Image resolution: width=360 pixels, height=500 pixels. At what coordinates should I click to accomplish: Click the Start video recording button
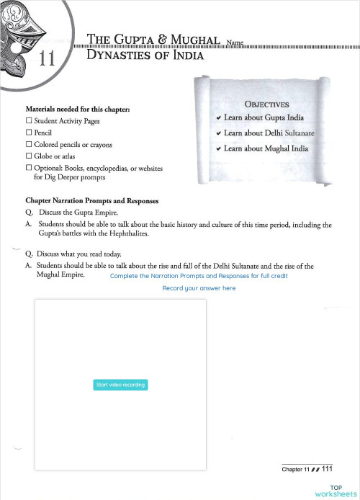point(121,385)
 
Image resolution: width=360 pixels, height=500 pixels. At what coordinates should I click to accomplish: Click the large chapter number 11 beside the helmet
point(47,59)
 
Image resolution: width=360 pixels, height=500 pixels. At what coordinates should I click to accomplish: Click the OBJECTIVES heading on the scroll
point(267,104)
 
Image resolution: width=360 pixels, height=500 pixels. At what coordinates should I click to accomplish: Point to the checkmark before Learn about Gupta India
point(218,117)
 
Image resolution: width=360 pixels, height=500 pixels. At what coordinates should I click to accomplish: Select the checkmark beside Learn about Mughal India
point(218,149)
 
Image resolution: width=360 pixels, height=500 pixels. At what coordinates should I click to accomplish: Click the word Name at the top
point(235,43)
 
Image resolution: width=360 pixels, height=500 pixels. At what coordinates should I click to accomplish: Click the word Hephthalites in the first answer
point(142,233)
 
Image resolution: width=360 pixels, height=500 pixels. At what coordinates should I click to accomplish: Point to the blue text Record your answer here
point(199,288)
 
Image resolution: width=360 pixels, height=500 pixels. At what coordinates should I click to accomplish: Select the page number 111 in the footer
point(327,470)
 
